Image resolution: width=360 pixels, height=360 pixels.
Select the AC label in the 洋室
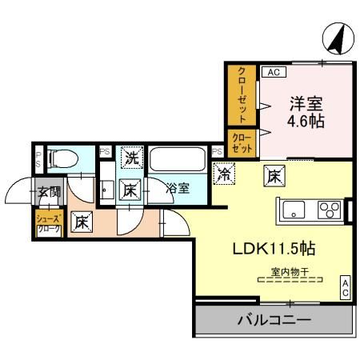(x=272, y=72)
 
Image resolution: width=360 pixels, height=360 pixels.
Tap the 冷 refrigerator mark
(x=225, y=170)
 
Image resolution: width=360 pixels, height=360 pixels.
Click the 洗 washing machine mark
(x=132, y=158)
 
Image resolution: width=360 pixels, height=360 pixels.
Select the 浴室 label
(x=178, y=189)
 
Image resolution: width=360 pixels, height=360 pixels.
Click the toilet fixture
(x=62, y=158)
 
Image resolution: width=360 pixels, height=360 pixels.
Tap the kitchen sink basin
(x=293, y=211)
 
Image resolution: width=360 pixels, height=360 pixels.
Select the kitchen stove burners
(x=328, y=211)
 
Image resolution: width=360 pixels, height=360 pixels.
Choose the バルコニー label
(x=274, y=322)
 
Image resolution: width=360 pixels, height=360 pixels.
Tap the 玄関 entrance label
(x=48, y=192)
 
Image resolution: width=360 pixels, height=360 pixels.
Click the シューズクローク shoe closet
(x=48, y=222)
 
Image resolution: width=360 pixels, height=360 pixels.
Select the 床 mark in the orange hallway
(x=81, y=222)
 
